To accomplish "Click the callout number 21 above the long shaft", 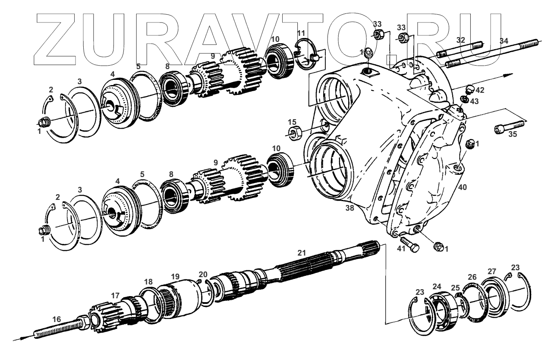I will [x=301, y=252].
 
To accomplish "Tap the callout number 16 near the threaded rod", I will [x=57, y=319].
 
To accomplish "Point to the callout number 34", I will [x=504, y=41].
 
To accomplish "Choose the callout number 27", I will [x=491, y=272].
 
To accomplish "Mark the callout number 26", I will [x=472, y=277].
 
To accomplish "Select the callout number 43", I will [x=474, y=101].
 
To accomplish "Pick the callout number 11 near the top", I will [x=301, y=33].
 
